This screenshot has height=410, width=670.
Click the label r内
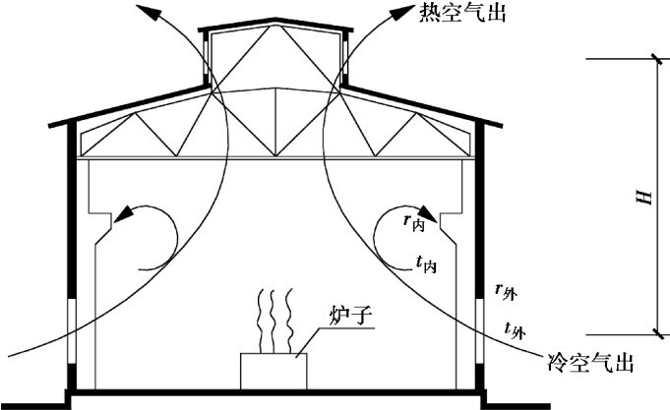coord(413,222)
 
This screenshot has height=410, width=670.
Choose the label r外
coord(507,291)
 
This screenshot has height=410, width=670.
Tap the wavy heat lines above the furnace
coord(273,321)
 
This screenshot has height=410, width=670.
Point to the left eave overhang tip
coord(53,126)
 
